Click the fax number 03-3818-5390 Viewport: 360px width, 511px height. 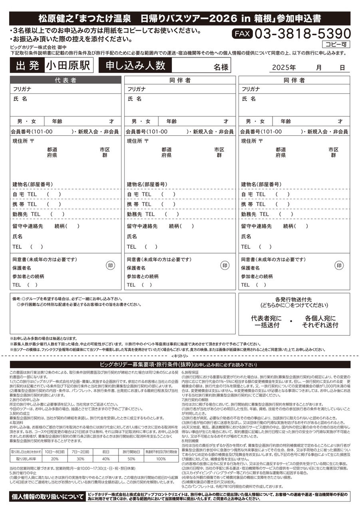click(302, 34)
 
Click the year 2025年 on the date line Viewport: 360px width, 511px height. click(284, 67)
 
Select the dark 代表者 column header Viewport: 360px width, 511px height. click(66, 80)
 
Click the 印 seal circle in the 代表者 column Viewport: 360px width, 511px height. click(111, 265)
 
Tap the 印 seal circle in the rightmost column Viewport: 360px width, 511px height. click(339, 265)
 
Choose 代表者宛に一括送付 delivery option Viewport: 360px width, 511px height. click(266, 322)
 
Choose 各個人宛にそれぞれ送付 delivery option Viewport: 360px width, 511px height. click(320, 322)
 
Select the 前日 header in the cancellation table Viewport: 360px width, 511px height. click(106, 452)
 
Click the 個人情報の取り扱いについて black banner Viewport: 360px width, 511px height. click(47, 497)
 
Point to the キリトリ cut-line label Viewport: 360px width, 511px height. click(179, 355)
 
